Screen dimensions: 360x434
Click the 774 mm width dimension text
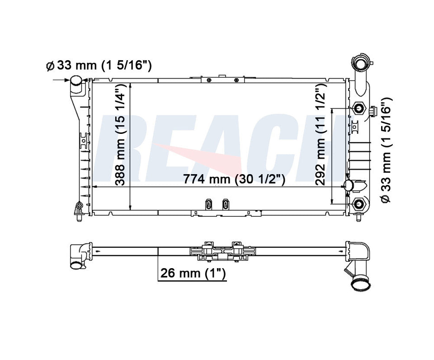(234, 180)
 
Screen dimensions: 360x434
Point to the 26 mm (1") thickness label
(193, 273)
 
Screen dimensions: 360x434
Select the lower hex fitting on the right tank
(359, 204)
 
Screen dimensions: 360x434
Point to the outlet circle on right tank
(349, 185)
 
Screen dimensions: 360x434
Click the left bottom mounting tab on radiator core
(208, 204)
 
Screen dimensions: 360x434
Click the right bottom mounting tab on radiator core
(225, 204)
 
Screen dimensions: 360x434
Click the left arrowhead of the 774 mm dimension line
(94, 186)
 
